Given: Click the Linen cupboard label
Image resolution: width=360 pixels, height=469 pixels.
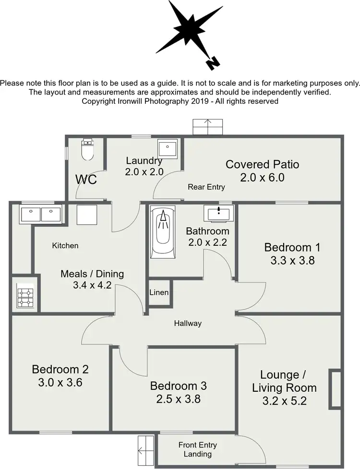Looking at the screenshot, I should pyautogui.click(x=158, y=292).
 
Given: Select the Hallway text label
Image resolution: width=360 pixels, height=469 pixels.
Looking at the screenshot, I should pyautogui.click(x=188, y=324).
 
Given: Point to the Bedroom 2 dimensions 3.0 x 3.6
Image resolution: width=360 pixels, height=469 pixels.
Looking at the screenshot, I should pyautogui.click(x=60, y=384).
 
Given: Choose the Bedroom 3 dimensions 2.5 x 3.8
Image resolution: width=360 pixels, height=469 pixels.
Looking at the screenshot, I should pyautogui.click(x=178, y=399).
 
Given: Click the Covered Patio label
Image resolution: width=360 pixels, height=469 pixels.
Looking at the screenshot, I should pyautogui.click(x=262, y=165).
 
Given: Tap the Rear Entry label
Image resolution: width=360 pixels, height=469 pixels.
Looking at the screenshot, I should pyautogui.click(x=206, y=187).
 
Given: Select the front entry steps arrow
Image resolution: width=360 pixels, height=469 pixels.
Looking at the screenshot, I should pyautogui.click(x=145, y=451).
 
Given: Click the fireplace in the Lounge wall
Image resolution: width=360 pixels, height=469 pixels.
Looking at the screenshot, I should pyautogui.click(x=335, y=389).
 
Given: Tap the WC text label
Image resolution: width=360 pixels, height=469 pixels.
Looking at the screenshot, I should pyautogui.click(x=86, y=180).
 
